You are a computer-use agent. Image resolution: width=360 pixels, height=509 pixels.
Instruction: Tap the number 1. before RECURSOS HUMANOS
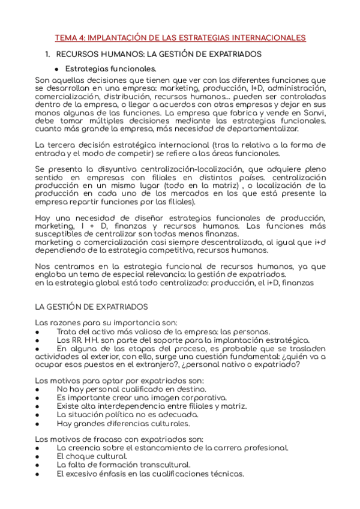click(49, 54)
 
